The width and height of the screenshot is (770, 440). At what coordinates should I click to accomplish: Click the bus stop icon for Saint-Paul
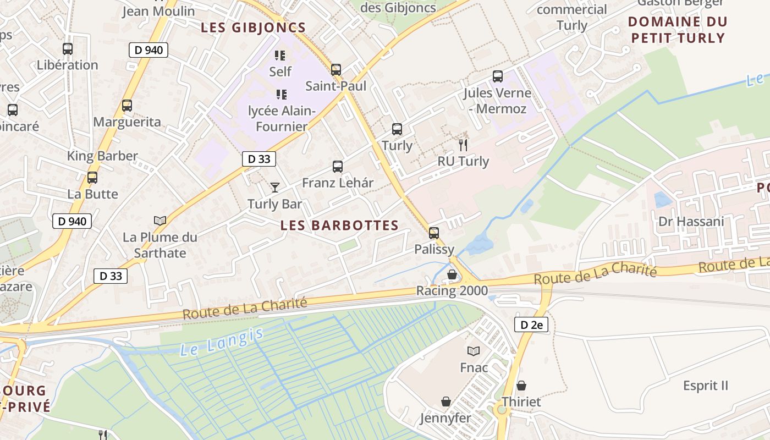(x=335, y=70)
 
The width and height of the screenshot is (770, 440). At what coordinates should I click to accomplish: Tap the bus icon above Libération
(x=68, y=49)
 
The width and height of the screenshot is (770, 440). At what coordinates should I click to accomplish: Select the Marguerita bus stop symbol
(x=127, y=106)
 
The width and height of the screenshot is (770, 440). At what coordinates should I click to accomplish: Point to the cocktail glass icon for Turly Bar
(x=275, y=188)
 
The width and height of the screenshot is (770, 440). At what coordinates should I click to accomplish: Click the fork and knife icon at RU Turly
(x=463, y=145)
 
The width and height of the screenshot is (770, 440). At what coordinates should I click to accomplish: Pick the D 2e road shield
(x=531, y=324)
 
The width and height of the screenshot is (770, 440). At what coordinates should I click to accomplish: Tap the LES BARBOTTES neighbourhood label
(x=339, y=225)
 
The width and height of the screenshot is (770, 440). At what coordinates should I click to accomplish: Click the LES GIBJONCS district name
(x=253, y=28)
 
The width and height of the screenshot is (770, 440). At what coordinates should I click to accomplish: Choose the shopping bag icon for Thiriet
(x=521, y=386)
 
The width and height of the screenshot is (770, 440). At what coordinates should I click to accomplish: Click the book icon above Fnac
(x=474, y=351)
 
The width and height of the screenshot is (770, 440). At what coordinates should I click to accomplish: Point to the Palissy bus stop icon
(x=434, y=233)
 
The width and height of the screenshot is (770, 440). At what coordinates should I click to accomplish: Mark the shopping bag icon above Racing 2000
(x=452, y=274)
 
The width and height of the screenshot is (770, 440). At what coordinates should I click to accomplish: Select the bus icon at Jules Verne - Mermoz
(x=497, y=76)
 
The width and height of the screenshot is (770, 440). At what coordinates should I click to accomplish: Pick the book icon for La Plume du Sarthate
(x=160, y=221)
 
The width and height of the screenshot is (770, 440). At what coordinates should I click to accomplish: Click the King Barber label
(x=102, y=156)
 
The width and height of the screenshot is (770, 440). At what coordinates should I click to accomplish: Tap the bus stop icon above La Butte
(x=92, y=178)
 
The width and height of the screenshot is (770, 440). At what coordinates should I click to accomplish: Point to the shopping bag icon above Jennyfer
(x=446, y=402)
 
